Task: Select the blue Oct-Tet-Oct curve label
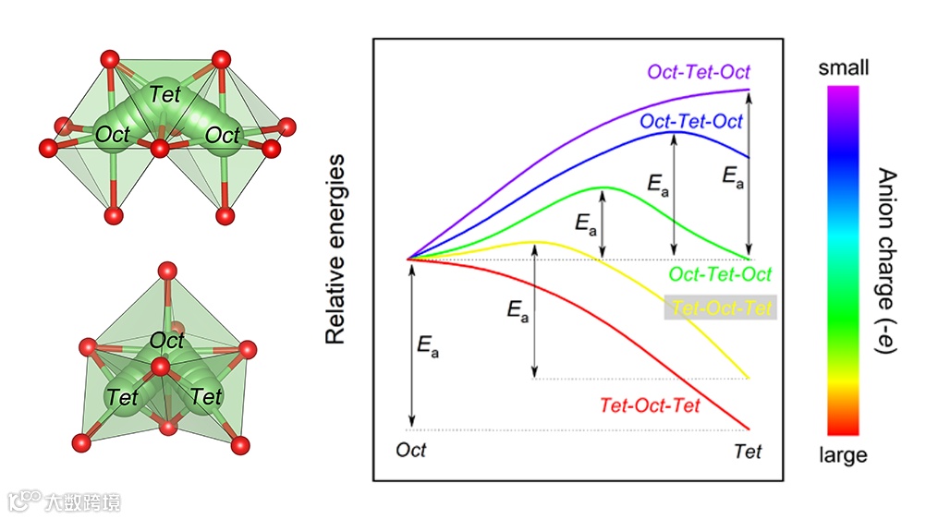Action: point(690,121)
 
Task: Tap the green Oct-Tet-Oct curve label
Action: point(720,275)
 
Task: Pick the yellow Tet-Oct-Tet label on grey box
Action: point(722,308)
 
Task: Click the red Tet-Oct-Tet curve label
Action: point(650,405)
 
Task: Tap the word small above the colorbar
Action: point(843,67)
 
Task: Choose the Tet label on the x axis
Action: point(748,451)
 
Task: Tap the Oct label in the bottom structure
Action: point(167,340)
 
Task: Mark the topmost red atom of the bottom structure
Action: point(166,271)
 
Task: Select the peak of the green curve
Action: point(603,187)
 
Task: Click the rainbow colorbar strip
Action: point(842,259)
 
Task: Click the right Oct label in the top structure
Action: point(222,135)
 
